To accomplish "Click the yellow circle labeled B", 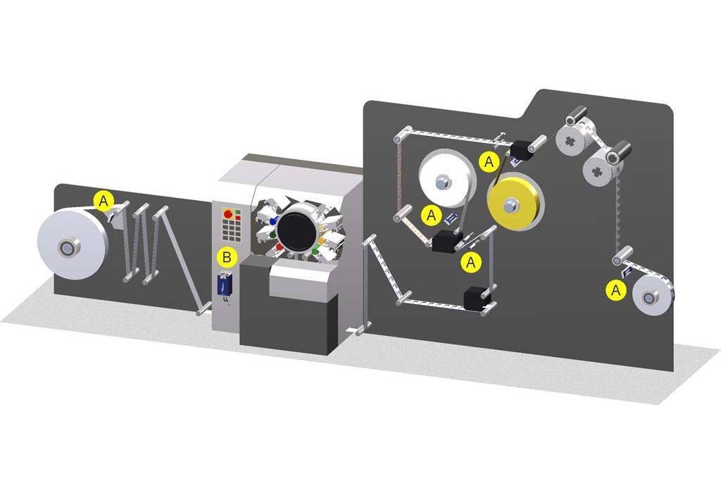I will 226,257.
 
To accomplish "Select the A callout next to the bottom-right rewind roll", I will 617,289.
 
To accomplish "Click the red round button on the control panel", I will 227,212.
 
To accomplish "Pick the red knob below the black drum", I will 280,246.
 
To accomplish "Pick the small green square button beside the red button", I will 238,211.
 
